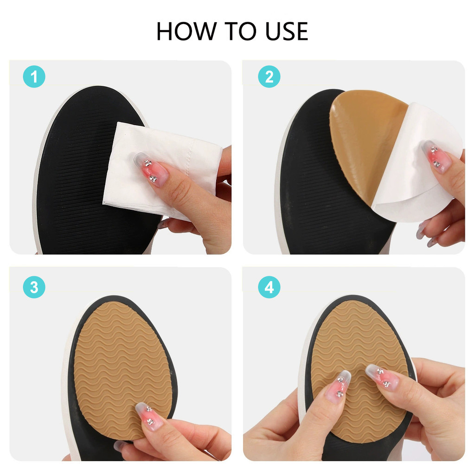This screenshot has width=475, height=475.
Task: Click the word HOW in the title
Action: tap(186, 31)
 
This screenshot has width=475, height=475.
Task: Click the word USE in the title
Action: tap(287, 31)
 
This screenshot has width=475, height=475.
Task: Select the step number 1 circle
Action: tap(34, 77)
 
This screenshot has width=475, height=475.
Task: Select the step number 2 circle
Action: tap(269, 77)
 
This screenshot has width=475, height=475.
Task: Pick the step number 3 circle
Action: tap(34, 287)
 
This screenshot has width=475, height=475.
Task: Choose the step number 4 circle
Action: tap(269, 287)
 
